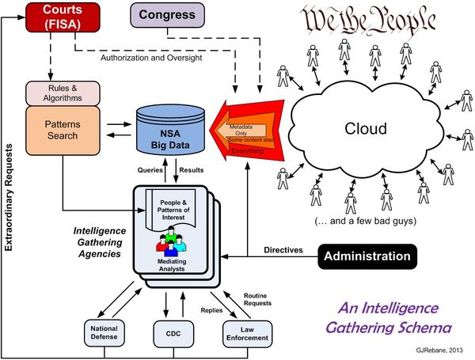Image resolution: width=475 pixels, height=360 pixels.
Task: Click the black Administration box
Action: click(367, 256)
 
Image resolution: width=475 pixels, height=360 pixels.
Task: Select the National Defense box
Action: click(106, 333)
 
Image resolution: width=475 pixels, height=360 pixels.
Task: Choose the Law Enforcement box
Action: click(241, 333)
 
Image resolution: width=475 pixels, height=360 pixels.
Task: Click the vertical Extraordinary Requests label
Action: click(10, 198)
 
